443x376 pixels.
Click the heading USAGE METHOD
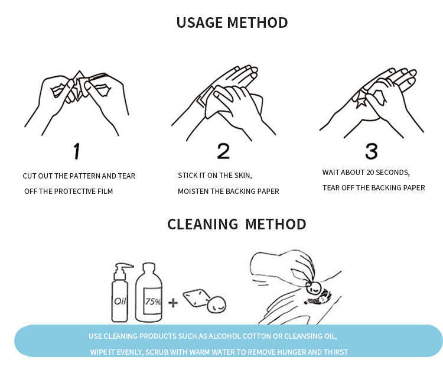click(232, 22)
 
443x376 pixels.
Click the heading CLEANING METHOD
click(237, 224)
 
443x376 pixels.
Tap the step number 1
click(77, 151)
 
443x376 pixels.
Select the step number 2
click(223, 151)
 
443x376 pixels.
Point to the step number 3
click(372, 151)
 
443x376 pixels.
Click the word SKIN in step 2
click(243, 176)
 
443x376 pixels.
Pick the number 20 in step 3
click(370, 173)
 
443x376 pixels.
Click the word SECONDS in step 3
click(393, 173)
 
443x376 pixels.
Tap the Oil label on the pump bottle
click(120, 301)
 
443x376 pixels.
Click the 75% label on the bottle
click(153, 302)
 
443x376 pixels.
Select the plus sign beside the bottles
click(173, 303)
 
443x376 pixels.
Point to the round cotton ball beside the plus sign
click(217, 304)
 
